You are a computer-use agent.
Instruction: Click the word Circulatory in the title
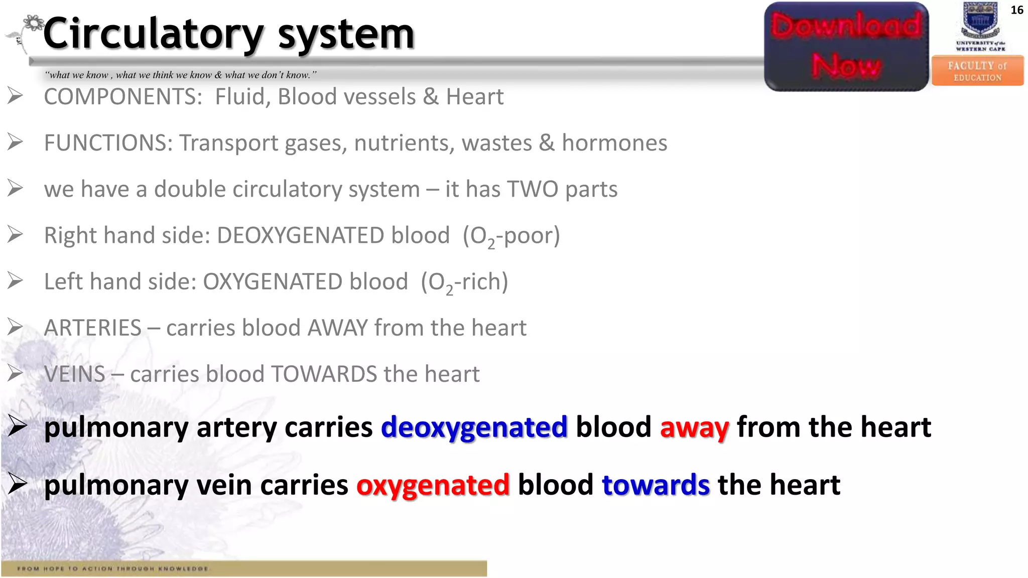click(153, 34)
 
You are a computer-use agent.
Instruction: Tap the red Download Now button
click(846, 47)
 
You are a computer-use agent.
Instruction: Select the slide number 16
click(1016, 10)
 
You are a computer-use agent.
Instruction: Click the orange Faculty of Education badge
click(977, 71)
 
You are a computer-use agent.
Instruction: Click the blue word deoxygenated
click(474, 427)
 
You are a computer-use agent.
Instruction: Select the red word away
click(694, 427)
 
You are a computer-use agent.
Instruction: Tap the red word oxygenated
click(433, 485)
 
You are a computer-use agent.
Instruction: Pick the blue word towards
click(656, 485)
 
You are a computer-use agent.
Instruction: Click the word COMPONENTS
click(123, 97)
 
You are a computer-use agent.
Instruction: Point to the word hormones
click(614, 143)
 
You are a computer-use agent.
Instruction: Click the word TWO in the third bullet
click(533, 190)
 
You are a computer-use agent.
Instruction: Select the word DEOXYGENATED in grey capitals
click(333, 236)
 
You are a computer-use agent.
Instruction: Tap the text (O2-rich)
click(464, 282)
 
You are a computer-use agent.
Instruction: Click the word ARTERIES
click(93, 328)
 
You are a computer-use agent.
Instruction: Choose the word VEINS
click(75, 374)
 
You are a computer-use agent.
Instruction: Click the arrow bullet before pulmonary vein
click(17, 484)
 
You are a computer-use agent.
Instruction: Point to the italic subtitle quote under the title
click(181, 75)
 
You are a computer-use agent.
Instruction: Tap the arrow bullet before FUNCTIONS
click(16, 142)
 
